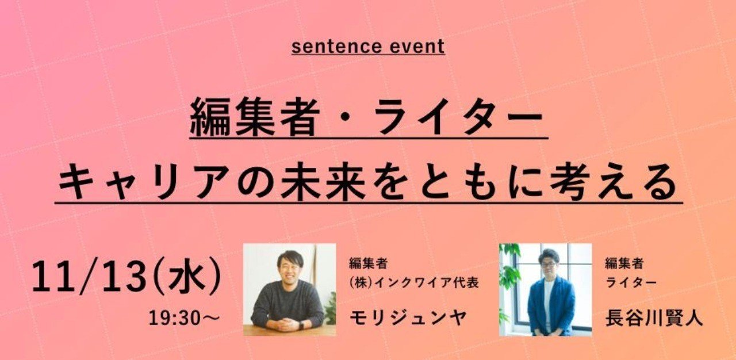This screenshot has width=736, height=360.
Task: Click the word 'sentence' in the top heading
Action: point(336,47)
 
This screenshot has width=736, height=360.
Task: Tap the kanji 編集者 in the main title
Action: point(255,117)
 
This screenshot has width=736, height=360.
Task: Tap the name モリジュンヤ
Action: point(408,318)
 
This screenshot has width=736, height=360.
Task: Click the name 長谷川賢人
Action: point(654,318)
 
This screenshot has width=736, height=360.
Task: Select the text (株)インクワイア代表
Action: point(414,283)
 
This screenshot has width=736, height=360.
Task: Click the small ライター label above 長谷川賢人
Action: point(631,283)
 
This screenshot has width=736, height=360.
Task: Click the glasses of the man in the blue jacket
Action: point(548,265)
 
